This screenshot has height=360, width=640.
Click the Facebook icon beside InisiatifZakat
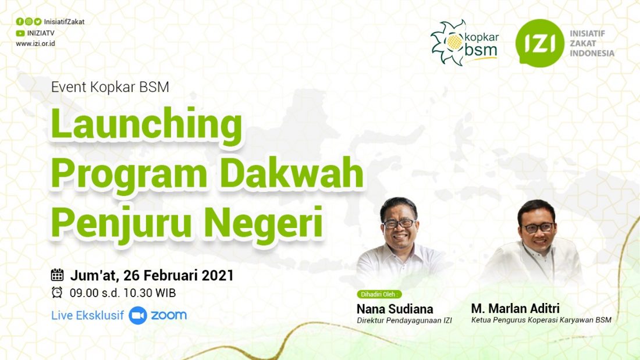click(x=20, y=22)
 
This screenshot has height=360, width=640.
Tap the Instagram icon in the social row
click(x=29, y=22)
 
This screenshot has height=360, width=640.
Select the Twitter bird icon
click(x=38, y=22)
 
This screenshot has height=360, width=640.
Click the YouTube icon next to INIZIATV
click(x=20, y=33)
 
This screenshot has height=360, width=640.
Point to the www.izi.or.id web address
click(x=35, y=43)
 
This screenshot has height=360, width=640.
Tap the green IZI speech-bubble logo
click(x=539, y=43)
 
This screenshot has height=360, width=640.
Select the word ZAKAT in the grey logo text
click(x=583, y=43)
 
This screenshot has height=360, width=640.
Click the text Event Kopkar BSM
click(x=110, y=87)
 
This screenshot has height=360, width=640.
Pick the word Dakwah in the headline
click(x=291, y=173)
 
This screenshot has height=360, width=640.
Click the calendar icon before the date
click(x=57, y=275)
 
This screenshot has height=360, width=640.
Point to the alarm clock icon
click(x=57, y=292)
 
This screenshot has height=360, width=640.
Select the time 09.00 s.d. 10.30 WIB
click(x=122, y=293)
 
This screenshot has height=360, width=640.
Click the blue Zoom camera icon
click(x=138, y=316)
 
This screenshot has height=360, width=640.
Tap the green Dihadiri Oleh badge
click(x=379, y=294)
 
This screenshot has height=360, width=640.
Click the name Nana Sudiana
click(x=394, y=309)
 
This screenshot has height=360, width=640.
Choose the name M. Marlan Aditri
click(x=515, y=308)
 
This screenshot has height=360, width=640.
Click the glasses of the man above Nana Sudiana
click(x=399, y=224)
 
